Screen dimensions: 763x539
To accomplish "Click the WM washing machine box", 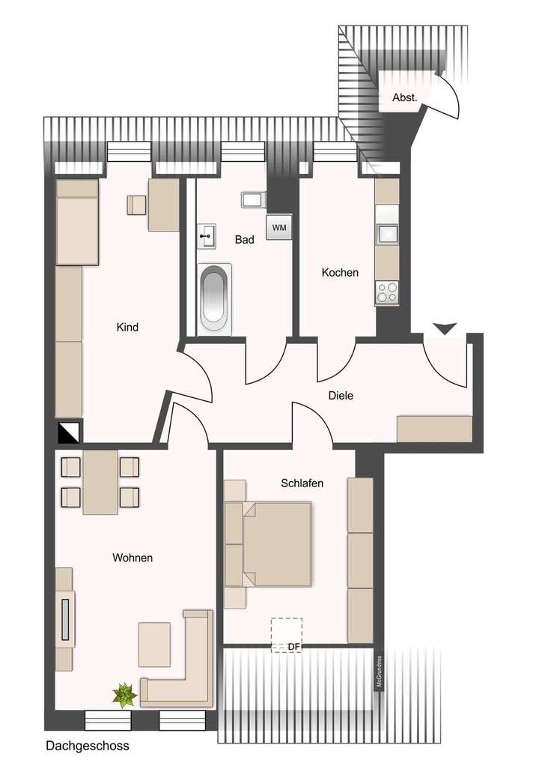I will pos(278,227).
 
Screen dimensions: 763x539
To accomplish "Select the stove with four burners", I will pos(388,292).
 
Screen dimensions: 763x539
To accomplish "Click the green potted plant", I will pos(124,695).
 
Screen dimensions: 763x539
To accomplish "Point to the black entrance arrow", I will pos(445,328).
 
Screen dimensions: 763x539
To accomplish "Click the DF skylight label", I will pos(293,645).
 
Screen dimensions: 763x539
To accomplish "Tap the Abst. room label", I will pos(404,97).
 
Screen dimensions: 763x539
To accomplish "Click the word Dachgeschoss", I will pos(88,746).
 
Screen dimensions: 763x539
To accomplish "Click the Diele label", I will pos(341,396).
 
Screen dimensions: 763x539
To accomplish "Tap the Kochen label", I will pos(340,273).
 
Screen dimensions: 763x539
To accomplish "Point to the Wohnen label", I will pos(133,558).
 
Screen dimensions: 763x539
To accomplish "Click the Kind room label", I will pos(127,328).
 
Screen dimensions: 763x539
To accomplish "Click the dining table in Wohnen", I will pos(100,482).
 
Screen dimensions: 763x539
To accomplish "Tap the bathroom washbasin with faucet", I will pos(205,237).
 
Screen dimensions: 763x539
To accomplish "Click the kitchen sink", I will pos(388,235).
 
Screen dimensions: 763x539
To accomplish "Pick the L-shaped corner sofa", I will pos(183,671).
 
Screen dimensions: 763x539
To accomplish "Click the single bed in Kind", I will pos(78,223).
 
